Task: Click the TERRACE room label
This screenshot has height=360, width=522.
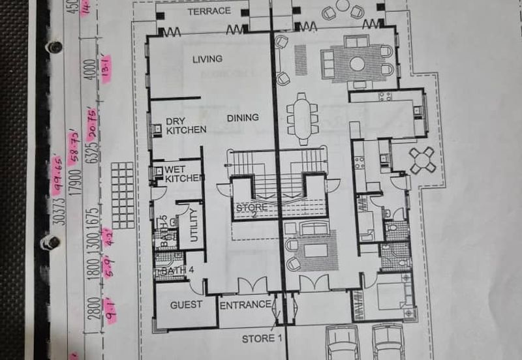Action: pyautogui.click(x=209, y=11)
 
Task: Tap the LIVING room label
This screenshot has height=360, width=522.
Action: pyautogui.click(x=207, y=59)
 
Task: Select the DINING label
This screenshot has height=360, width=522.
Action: pyautogui.click(x=243, y=118)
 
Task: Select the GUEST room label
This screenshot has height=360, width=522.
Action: pyautogui.click(x=186, y=305)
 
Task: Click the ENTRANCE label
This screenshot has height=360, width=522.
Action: pyautogui.click(x=245, y=305)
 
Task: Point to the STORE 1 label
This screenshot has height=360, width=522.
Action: pyautogui.click(x=262, y=338)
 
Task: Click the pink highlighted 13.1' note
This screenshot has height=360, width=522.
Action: pyautogui.click(x=106, y=67)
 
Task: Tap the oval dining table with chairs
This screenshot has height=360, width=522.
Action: pyautogui.click(x=302, y=118)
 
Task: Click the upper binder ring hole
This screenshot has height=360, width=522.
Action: pyautogui.click(x=55, y=47)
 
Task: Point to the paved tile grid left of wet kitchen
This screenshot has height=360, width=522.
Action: pyautogui.click(x=121, y=185)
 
